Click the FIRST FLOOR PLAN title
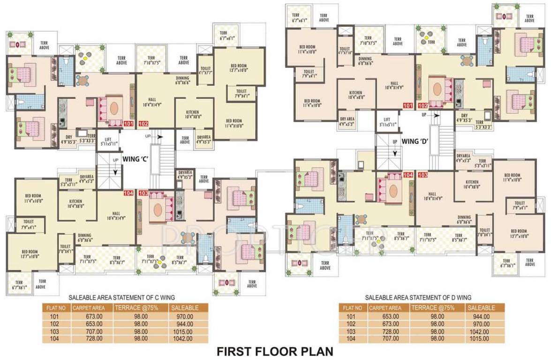point(274,351)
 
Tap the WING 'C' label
point(136,158)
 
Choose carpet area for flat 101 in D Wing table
point(384,316)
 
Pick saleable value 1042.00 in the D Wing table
point(479,331)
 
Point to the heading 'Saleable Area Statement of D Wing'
point(418,298)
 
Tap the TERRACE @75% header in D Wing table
point(434,308)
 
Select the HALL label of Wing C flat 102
point(152,99)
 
